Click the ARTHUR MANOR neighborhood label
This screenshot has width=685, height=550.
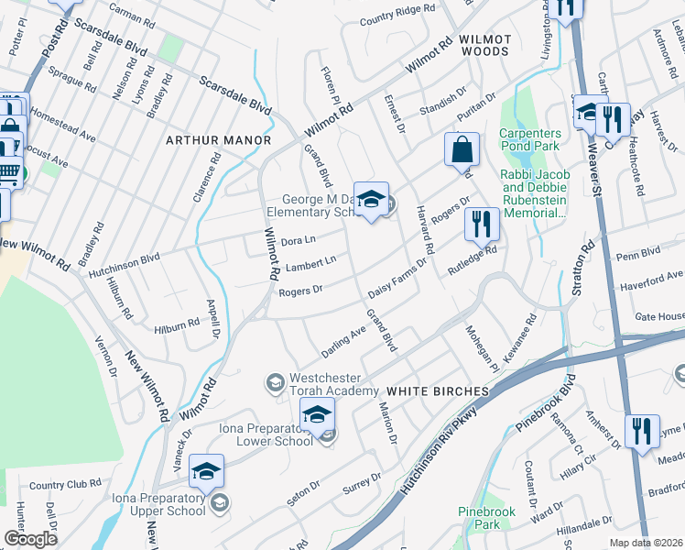pyautogui.click(x=218, y=140)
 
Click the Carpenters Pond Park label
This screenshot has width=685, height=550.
pyautogui.click(x=536, y=140)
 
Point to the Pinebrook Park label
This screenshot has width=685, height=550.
pyautogui.click(x=481, y=517)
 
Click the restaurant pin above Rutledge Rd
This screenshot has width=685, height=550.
pyautogui.click(x=481, y=224)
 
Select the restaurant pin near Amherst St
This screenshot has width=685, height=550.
pyautogui.click(x=642, y=432)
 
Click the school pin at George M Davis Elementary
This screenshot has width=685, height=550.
pyautogui.click(x=371, y=200)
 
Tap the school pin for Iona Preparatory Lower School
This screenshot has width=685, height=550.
pyautogui.click(x=317, y=417)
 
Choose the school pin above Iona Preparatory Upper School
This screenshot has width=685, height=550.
pyautogui.click(x=207, y=471)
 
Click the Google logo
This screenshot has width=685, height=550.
pyautogui.click(x=30, y=539)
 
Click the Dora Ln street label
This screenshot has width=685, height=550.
pyautogui.click(x=298, y=241)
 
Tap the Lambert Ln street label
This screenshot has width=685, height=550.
pyautogui.click(x=310, y=264)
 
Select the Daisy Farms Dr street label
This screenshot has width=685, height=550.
pyautogui.click(x=398, y=279)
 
